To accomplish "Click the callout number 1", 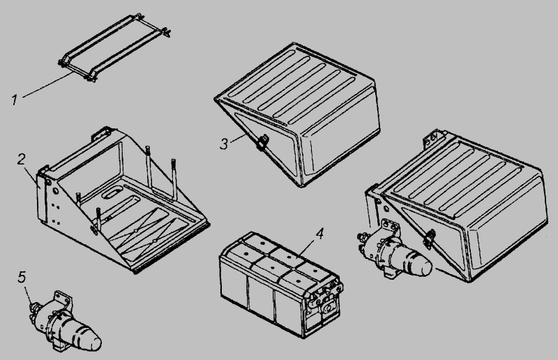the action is (x=14, y=100).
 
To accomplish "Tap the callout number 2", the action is (x=22, y=159).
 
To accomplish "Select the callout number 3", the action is (x=224, y=144).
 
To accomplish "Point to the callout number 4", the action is (x=320, y=234).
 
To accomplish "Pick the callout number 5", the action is (x=22, y=277).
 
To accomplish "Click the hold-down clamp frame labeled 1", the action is (x=114, y=48).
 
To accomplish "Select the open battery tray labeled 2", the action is (x=121, y=200).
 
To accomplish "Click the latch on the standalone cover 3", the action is (x=264, y=142).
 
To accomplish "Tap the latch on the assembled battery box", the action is (x=429, y=238).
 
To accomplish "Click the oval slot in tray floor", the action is (x=111, y=193).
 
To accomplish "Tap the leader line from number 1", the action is (x=45, y=85).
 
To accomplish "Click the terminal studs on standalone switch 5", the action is (x=33, y=307).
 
